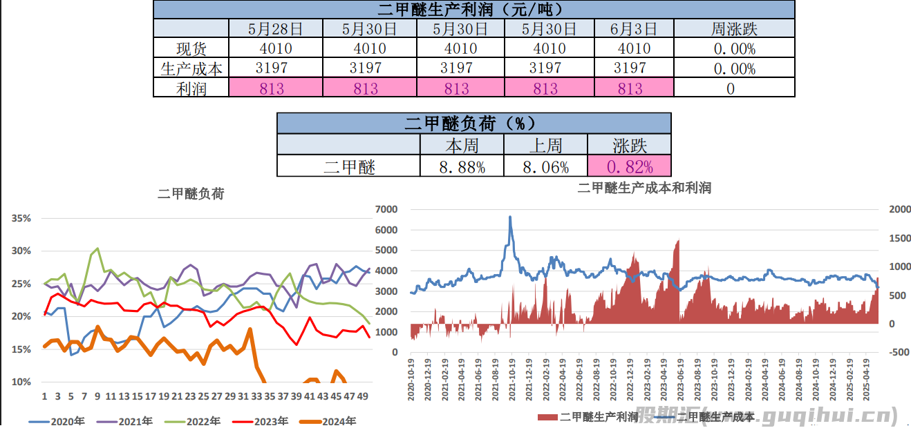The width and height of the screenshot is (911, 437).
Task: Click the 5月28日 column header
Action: point(276,29)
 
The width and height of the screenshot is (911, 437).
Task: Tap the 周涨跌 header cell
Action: point(734,29)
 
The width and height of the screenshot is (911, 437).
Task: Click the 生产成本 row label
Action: point(191,68)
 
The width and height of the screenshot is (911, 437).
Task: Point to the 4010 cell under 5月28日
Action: point(276,48)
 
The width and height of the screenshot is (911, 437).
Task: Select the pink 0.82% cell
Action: point(629,166)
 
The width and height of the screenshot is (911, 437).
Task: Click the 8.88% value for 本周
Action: point(462,166)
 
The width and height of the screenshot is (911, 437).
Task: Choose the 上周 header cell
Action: point(545,145)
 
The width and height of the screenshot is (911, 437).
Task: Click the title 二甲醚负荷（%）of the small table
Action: point(473,124)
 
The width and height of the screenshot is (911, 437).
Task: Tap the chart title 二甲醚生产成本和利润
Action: point(644,188)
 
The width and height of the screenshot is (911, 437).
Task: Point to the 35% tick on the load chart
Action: point(21,219)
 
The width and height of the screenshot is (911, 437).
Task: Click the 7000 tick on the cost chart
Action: point(386,209)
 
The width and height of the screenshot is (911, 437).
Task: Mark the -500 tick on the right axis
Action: point(898,352)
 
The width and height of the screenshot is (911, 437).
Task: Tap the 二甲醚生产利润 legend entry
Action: point(588,417)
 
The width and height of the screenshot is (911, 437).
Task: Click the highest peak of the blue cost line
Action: point(510,217)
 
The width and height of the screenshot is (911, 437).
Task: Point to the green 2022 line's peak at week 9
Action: point(97,249)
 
